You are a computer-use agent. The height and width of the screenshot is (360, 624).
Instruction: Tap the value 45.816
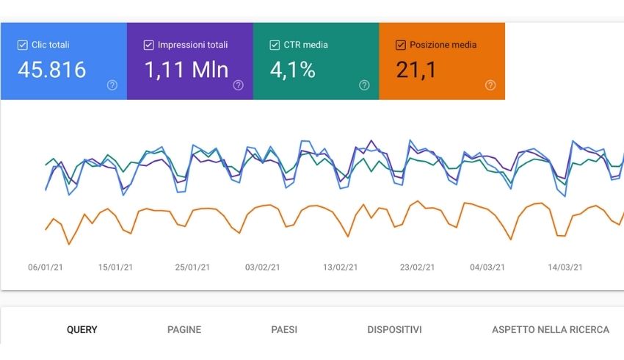(51, 70)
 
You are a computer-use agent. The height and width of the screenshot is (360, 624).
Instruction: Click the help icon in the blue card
(112, 85)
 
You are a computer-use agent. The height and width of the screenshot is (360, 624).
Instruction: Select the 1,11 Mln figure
(186, 70)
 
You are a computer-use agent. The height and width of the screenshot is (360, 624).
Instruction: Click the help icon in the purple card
(238, 85)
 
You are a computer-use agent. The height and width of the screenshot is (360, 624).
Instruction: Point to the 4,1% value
(292, 70)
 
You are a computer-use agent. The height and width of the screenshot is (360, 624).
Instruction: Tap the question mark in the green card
(364, 85)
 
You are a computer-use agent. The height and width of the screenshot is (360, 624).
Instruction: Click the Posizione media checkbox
(400, 45)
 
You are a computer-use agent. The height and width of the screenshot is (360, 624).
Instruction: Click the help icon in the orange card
(490, 85)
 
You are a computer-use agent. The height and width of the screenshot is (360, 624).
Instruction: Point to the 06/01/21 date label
(46, 267)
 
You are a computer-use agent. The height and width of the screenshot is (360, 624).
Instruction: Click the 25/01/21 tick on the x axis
(192, 267)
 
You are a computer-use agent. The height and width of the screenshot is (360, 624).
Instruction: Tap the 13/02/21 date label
(341, 267)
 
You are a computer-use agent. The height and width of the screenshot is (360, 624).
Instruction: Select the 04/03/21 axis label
(487, 267)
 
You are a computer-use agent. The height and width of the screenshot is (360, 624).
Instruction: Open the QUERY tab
(81, 330)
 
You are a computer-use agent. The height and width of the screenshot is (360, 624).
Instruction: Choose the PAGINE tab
(184, 330)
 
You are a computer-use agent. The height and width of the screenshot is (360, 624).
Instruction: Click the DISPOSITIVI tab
(394, 330)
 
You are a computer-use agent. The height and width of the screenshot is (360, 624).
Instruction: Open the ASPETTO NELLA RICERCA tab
(551, 330)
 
